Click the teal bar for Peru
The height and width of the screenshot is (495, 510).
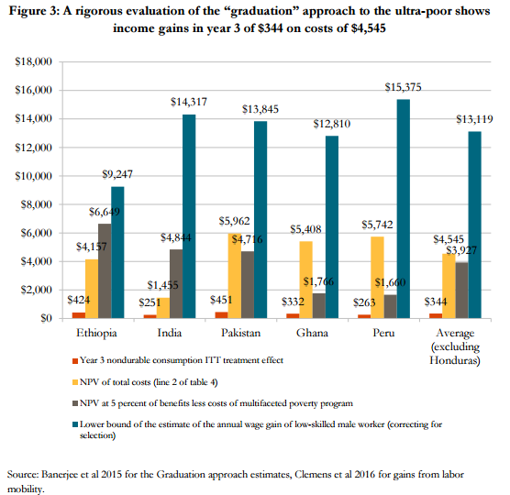(x=404, y=209)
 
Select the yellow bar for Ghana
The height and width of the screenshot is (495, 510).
(x=306, y=280)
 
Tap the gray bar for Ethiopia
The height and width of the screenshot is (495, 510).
(x=105, y=270)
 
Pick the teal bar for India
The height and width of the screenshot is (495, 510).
(x=189, y=216)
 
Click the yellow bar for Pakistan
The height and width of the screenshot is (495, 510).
(x=235, y=276)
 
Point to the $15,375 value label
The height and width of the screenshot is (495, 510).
(x=403, y=87)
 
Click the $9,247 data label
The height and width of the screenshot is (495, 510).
(x=117, y=174)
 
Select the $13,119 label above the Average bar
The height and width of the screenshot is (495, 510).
(x=474, y=119)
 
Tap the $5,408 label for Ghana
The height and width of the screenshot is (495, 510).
(x=305, y=229)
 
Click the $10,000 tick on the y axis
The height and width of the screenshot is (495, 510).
(x=34, y=176)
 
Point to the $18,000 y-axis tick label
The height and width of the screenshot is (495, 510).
(x=34, y=61)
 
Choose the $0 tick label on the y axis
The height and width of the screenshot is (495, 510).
(x=46, y=318)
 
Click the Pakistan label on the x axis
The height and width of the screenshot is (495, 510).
(x=240, y=333)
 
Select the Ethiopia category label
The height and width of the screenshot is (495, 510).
(x=96, y=333)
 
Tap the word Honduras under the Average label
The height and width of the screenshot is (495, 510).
(x=454, y=360)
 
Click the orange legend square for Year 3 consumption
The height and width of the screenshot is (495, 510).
(x=75, y=361)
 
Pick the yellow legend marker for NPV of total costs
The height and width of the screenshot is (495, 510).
(x=75, y=382)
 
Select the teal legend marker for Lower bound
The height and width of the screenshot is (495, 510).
(x=75, y=424)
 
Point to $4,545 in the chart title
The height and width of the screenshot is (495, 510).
(x=368, y=28)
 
